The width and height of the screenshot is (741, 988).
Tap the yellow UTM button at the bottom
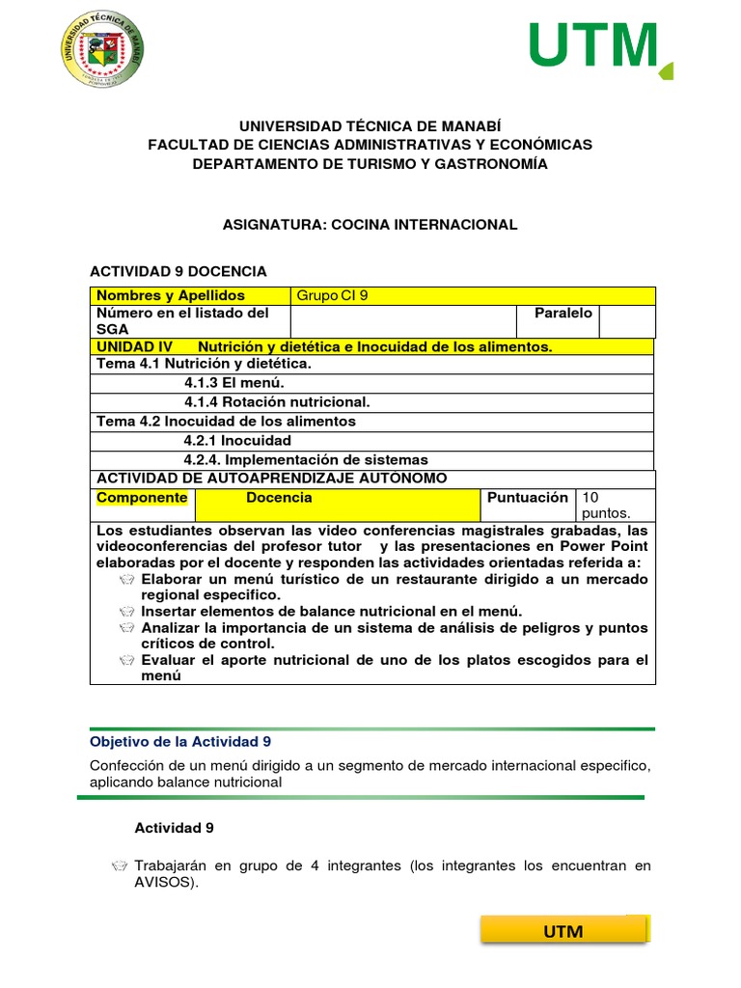(563, 931)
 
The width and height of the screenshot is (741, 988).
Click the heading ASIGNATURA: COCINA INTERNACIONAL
(370, 224)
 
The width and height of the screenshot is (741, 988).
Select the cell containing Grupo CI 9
(472, 296)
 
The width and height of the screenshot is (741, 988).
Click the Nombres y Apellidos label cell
(190, 296)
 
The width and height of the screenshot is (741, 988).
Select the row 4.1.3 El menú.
(233, 383)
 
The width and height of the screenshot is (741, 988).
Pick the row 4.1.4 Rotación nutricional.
(276, 401)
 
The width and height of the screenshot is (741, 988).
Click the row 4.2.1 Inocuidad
(236, 440)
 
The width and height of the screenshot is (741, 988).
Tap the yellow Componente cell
(142, 498)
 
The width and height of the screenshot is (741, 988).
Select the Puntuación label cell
(528, 498)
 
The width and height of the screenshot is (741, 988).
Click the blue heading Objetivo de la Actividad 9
(180, 741)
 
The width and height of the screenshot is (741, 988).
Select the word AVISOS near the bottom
(165, 883)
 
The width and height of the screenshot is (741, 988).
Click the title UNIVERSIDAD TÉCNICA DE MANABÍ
(370, 126)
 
